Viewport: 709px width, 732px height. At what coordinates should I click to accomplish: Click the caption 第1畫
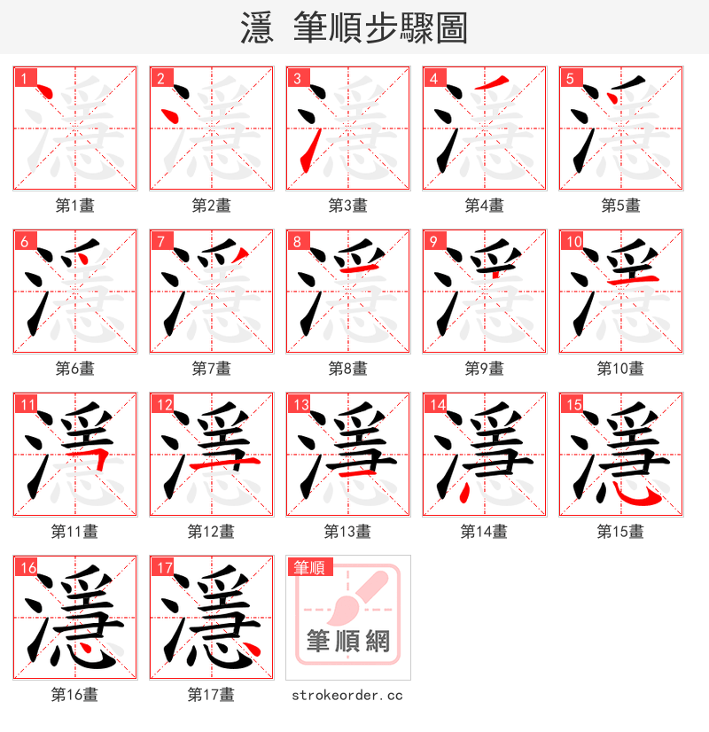[x=75, y=206]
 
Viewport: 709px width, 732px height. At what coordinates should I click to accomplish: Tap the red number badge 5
[x=569, y=78]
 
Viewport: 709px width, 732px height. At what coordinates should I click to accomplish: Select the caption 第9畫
[x=485, y=369]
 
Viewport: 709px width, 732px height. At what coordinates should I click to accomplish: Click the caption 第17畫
[x=211, y=695]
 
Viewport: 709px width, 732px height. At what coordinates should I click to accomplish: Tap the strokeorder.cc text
[x=347, y=695]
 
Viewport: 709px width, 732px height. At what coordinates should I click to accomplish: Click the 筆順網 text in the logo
[x=348, y=640]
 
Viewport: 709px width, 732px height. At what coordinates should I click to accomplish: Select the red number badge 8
[x=297, y=242]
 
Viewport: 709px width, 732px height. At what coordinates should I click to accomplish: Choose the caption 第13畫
[x=347, y=532]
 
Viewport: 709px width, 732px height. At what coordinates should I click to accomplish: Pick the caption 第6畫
[x=75, y=369]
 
